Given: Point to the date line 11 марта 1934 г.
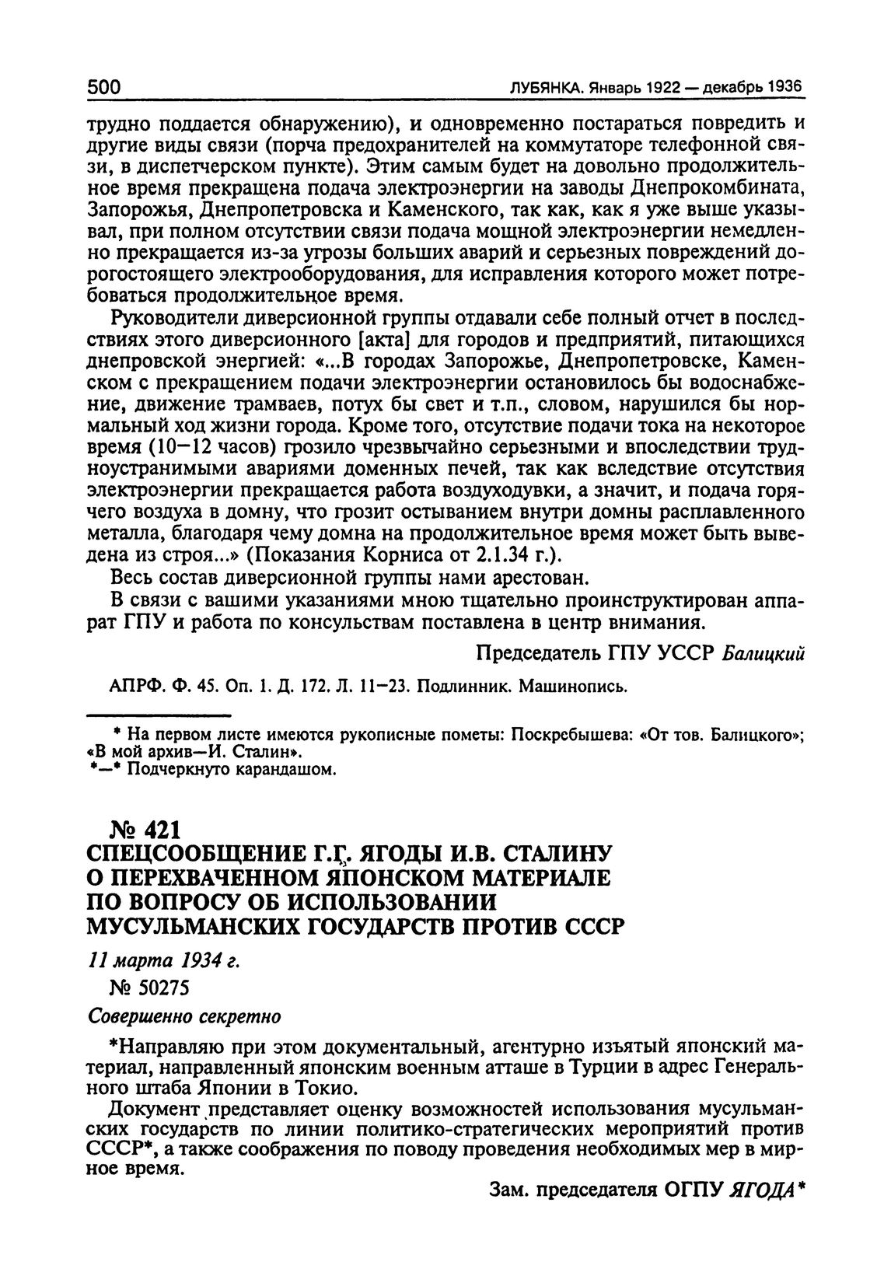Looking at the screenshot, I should pos(162,961).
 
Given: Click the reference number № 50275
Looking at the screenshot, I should pos(151,988).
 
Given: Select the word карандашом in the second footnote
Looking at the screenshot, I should pos(291,770).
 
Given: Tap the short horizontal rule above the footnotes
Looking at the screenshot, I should pos(159,714).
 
